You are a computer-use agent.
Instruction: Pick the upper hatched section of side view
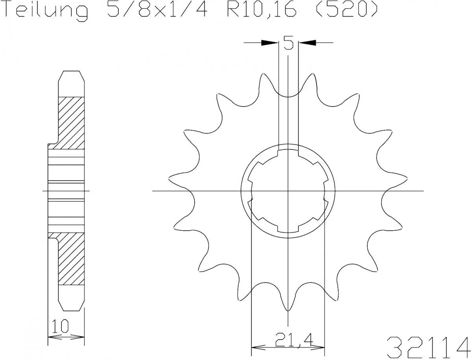pyautogui.click(x=71, y=122)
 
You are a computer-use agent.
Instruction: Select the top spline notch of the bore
pyautogui.click(x=288, y=149)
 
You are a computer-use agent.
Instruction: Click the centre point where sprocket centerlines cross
pyautogui.click(x=288, y=191)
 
